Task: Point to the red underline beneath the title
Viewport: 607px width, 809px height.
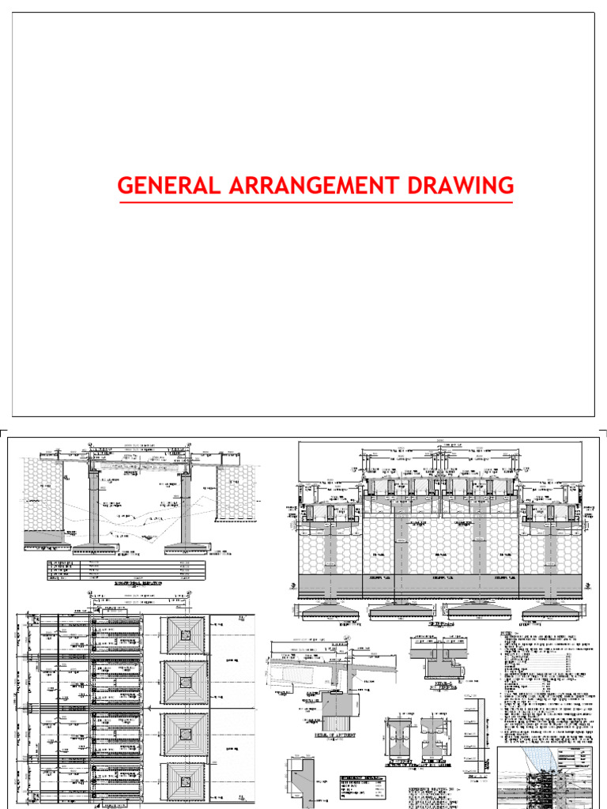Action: [x=316, y=203]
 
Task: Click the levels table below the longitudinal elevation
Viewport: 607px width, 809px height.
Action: [x=126, y=570]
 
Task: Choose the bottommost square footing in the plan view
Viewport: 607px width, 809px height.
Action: [x=184, y=782]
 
